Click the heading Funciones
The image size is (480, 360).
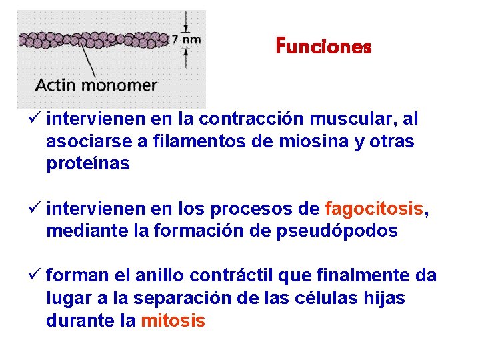click(x=323, y=47)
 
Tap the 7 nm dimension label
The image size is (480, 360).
click(x=186, y=39)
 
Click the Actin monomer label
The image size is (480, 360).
click(x=96, y=85)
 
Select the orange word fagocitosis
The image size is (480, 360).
click(x=373, y=209)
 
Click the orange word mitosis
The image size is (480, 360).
click(x=173, y=321)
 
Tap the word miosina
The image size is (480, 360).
click(x=309, y=142)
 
